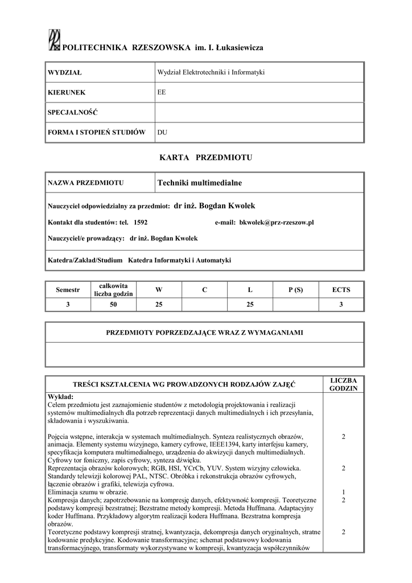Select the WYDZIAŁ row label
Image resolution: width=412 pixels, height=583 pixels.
point(65,73)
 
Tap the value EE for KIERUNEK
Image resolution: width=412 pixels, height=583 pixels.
point(162,91)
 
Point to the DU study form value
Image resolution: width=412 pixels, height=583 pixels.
point(162,132)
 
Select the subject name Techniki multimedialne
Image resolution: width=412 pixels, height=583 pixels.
point(200,183)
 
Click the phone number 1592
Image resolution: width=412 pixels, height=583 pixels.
point(141,223)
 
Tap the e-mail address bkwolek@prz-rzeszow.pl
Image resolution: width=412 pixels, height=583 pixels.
point(277,223)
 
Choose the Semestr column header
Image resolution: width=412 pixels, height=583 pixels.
point(68,290)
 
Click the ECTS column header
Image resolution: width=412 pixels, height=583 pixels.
point(341,290)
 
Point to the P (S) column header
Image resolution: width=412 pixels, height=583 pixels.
point(295,290)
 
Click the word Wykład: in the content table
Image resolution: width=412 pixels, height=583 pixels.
point(60,396)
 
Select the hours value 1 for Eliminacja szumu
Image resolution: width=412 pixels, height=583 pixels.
point(343,492)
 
